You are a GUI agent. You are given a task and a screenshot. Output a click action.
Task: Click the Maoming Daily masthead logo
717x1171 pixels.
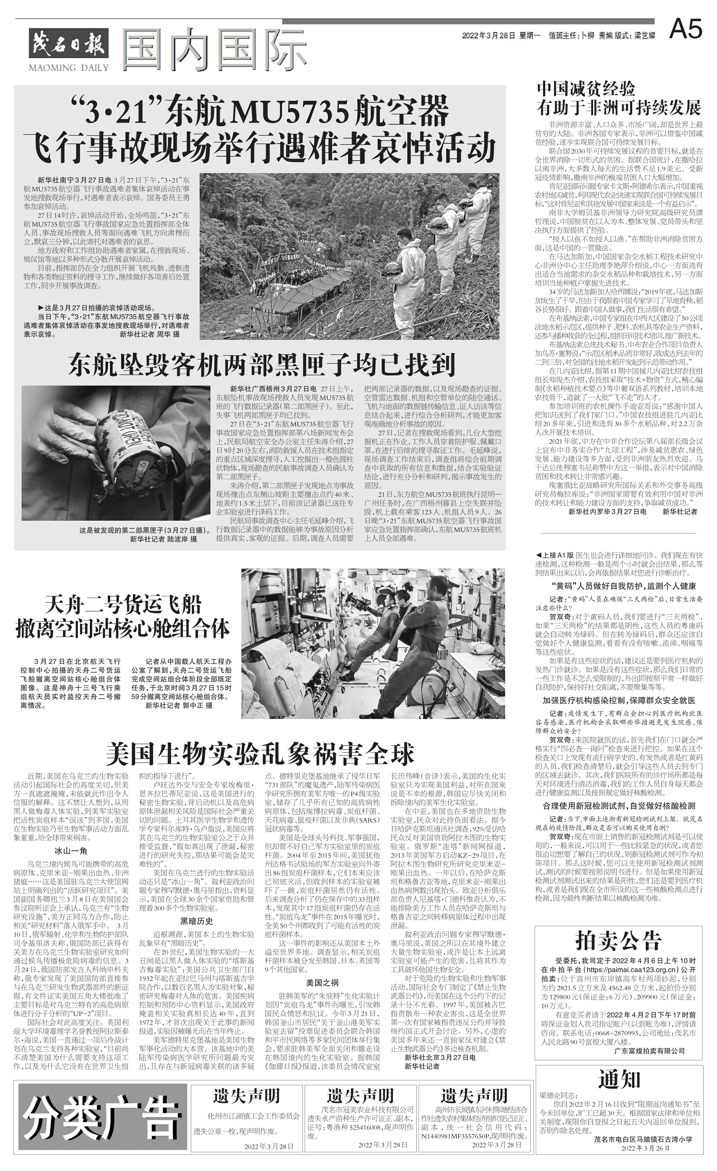tap(69, 47)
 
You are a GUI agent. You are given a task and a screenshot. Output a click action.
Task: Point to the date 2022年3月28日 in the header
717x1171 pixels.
tap(488, 36)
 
